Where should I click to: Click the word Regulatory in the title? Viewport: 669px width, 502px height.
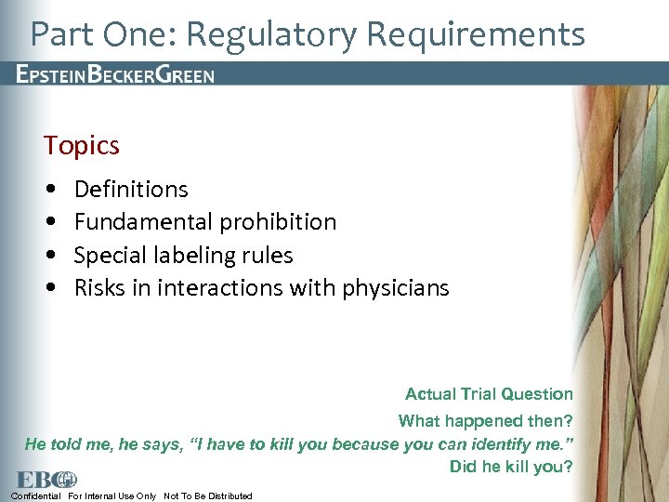click(x=278, y=34)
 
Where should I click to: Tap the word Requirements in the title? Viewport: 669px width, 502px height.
click(x=476, y=34)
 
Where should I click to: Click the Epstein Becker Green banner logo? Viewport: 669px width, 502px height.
click(x=115, y=75)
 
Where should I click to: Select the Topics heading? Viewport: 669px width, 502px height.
click(x=82, y=146)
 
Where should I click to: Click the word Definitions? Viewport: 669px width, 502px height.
click(x=131, y=190)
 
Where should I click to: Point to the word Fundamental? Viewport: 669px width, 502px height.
click(x=143, y=222)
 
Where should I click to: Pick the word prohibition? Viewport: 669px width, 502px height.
click(x=277, y=222)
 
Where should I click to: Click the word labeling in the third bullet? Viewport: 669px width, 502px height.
click(x=190, y=256)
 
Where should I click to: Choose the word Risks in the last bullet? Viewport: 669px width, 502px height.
click(x=98, y=288)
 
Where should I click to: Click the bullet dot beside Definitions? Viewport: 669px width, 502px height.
click(x=49, y=190)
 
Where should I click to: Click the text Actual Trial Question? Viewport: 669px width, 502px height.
click(x=489, y=394)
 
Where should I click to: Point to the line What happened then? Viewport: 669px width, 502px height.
click(x=485, y=421)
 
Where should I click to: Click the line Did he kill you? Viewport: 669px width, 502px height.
click(x=511, y=467)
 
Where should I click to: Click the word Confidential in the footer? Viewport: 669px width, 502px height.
click(x=36, y=496)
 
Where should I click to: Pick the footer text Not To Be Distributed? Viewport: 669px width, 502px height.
click(x=207, y=496)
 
